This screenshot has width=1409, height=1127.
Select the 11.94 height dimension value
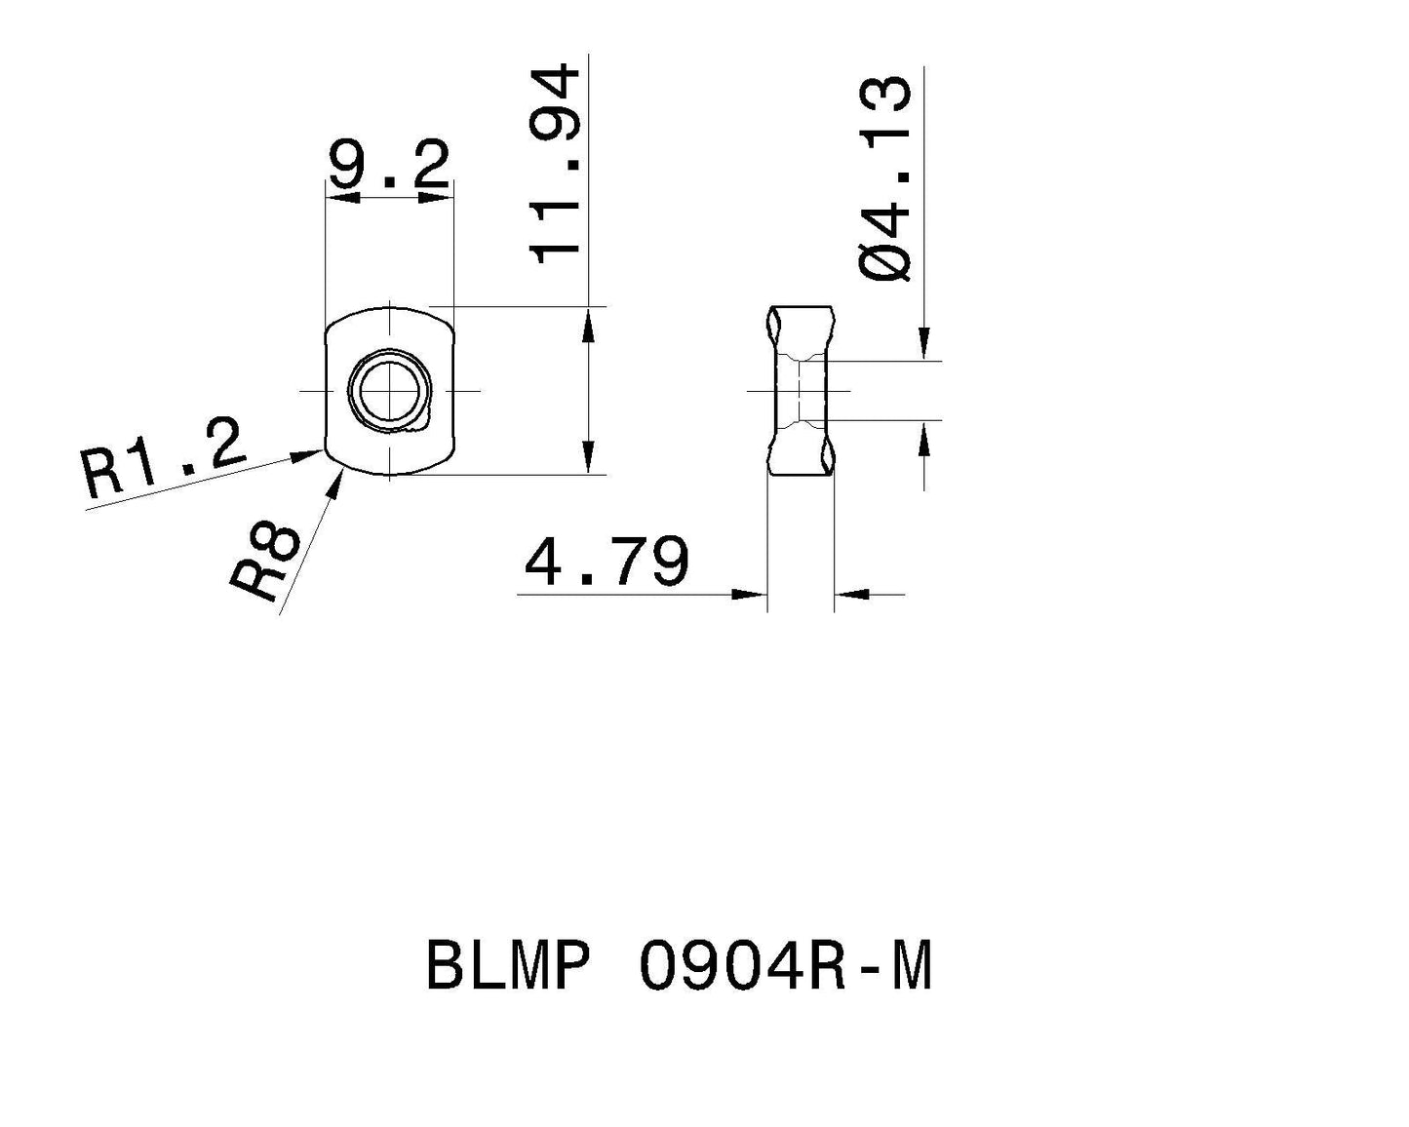click(x=556, y=164)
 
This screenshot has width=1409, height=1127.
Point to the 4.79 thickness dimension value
click(x=607, y=563)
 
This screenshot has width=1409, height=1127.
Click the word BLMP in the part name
click(x=508, y=967)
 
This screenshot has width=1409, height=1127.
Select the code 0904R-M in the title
click(x=786, y=967)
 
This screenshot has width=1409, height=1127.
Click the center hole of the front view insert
click(x=389, y=391)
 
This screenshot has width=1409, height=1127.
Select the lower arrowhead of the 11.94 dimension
click(x=588, y=457)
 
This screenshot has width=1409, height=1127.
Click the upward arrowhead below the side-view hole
click(x=924, y=440)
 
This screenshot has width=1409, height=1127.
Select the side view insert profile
click(x=800, y=391)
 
